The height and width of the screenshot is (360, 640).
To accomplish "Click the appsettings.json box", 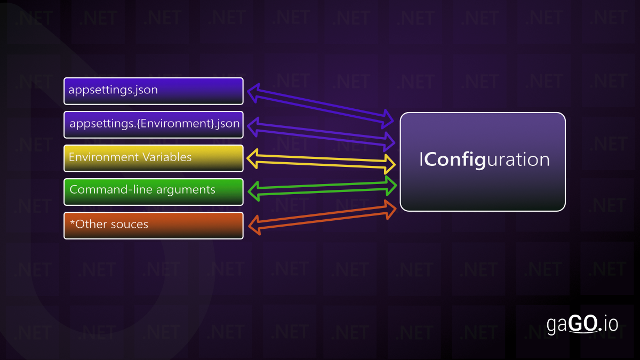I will (154, 91).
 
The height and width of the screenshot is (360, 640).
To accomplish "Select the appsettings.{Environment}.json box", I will (154, 124).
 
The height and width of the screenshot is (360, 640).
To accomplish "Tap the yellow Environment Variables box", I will (154, 158).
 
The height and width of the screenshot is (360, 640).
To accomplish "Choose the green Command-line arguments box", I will (154, 191).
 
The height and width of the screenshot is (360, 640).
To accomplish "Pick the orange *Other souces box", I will (154, 225).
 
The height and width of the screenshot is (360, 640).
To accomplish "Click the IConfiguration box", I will (482, 162).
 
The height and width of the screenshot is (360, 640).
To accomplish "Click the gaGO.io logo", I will (582, 324).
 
